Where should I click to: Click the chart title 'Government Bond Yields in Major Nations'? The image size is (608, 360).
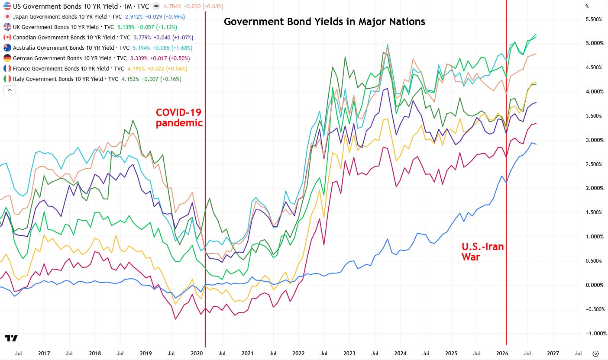pyautogui.click(x=324, y=22)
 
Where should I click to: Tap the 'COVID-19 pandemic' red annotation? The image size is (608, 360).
pyautogui.click(x=179, y=117)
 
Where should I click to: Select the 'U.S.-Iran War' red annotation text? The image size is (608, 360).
pyautogui.click(x=482, y=251)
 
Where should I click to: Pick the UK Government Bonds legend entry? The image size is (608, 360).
pyautogui.click(x=63, y=27)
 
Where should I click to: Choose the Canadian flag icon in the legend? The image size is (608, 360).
pyautogui.click(x=7, y=38)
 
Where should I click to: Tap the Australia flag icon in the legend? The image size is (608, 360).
pyautogui.click(x=7, y=48)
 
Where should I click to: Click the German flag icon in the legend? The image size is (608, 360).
pyautogui.click(x=7, y=58)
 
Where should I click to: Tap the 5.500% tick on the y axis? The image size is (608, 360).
pyautogui.click(x=594, y=19)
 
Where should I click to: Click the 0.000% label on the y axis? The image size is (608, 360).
pyautogui.click(x=594, y=285)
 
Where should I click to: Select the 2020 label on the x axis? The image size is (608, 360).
pyautogui.click(x=197, y=354)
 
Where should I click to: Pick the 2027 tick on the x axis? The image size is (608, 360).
pyautogui.click(x=553, y=354)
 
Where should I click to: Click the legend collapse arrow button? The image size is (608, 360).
pyautogui.click(x=10, y=90)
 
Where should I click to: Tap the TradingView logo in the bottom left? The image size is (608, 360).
pyautogui.click(x=11, y=338)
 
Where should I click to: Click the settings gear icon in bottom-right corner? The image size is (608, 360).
pyautogui.click(x=595, y=354)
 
